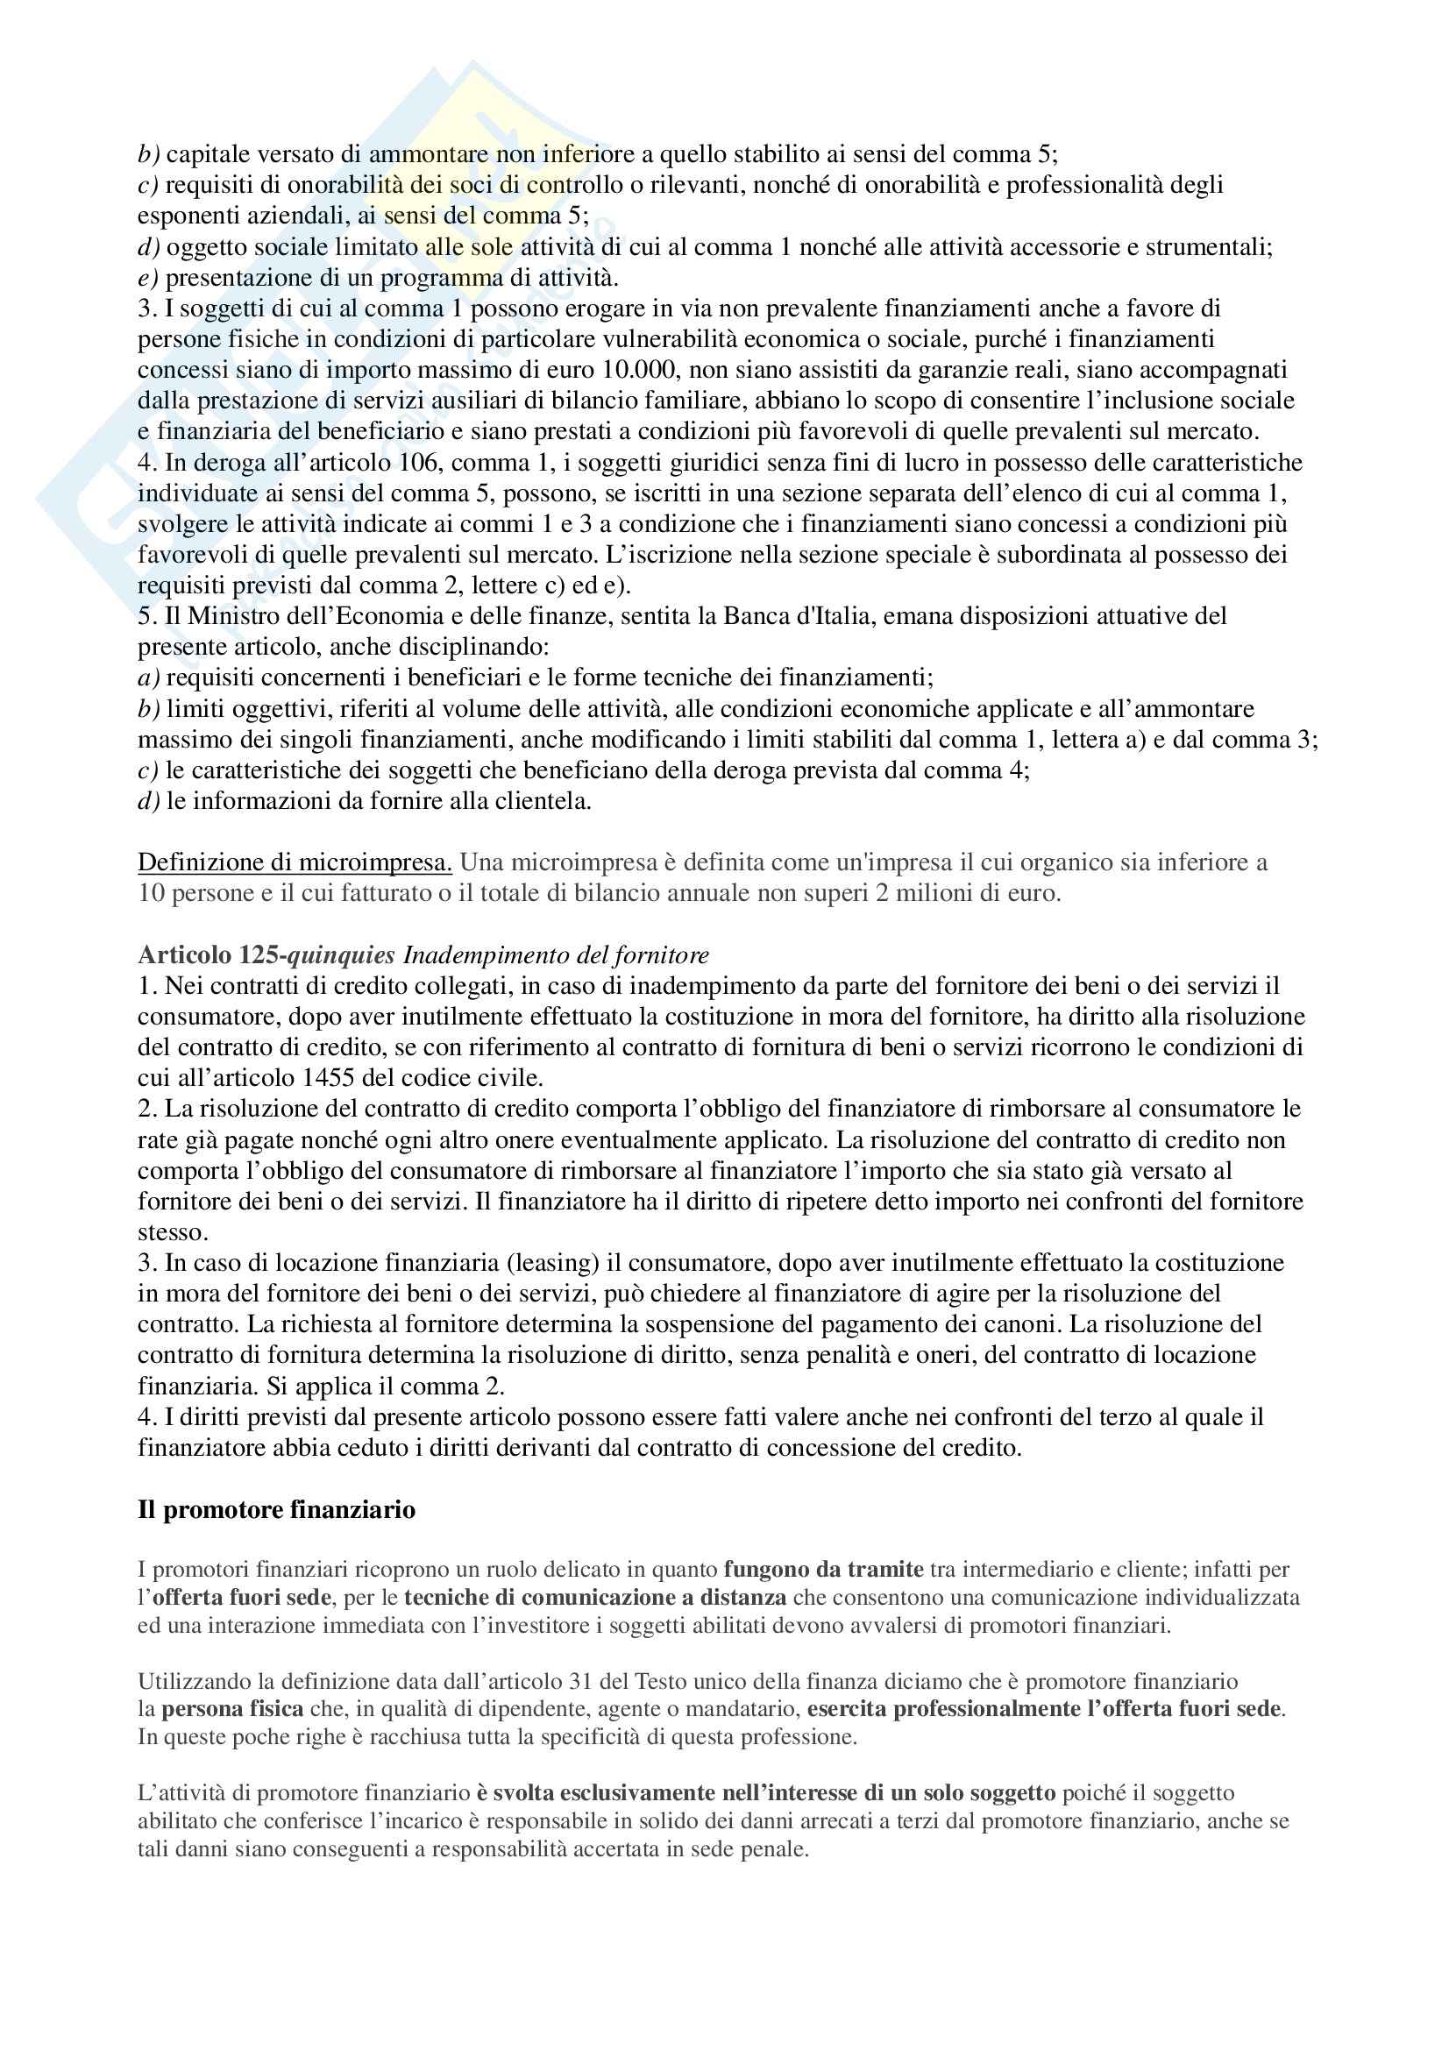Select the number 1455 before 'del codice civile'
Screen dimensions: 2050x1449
tap(334, 1077)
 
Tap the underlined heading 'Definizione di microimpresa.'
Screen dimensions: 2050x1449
tap(295, 862)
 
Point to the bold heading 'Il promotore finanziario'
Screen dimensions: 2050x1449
tap(277, 1509)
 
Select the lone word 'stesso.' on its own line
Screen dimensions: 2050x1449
tap(173, 1232)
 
